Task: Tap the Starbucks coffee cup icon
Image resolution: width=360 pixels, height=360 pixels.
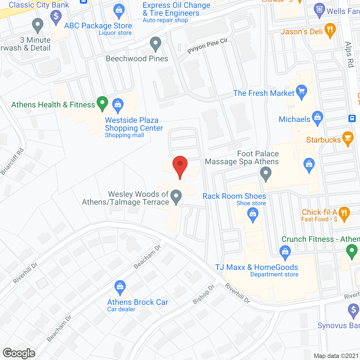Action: tap(348, 138)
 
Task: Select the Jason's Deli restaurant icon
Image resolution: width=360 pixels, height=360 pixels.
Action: tap(330, 30)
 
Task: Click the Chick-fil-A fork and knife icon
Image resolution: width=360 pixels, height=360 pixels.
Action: tap(344, 213)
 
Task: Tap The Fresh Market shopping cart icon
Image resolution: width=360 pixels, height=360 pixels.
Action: tap(301, 92)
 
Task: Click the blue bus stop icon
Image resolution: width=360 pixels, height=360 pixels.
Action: tap(352, 118)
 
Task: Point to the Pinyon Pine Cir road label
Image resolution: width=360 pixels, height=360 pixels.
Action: tap(207, 45)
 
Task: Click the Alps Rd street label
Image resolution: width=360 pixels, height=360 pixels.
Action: tap(349, 55)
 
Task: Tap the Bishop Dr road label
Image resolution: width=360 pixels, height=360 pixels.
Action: tap(203, 294)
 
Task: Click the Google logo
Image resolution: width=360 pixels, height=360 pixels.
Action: tap(19, 353)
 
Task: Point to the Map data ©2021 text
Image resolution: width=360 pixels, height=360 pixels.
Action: tap(336, 356)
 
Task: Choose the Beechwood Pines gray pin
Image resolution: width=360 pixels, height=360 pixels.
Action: tap(155, 44)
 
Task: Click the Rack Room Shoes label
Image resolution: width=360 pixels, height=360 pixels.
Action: tap(234, 196)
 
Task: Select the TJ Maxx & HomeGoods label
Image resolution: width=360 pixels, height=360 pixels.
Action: tap(256, 267)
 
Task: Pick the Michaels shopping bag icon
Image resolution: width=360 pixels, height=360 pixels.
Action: tap(318, 118)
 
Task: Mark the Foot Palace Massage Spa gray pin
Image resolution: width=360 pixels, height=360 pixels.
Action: tap(265, 173)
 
